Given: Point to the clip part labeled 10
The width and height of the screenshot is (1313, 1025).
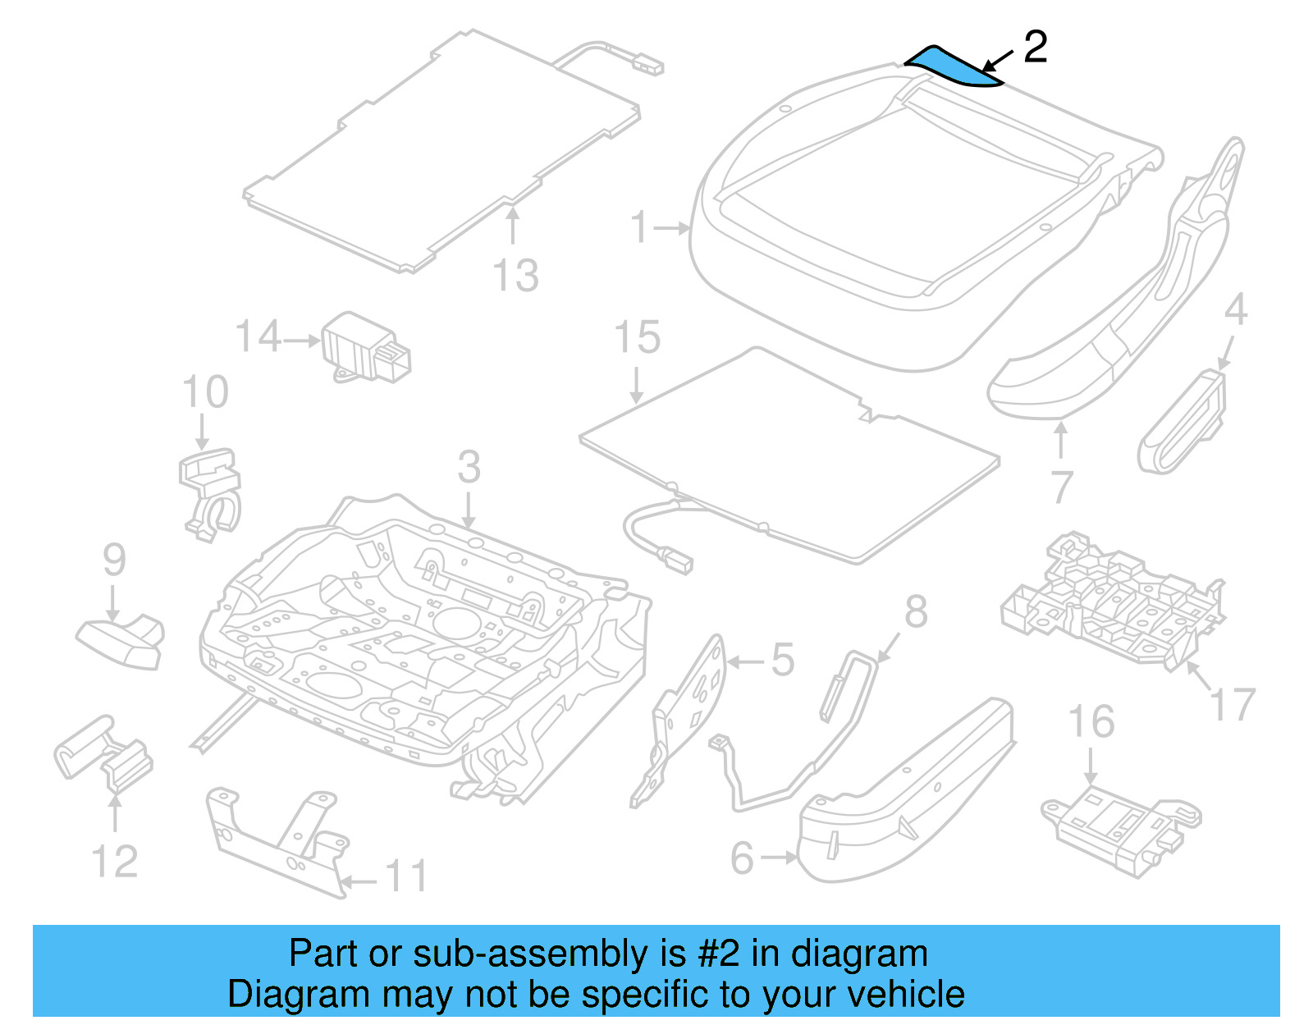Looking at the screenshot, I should pyautogui.click(x=210, y=492).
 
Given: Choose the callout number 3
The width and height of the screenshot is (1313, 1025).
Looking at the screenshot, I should pyautogui.click(x=469, y=467).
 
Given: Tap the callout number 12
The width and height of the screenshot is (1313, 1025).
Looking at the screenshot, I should pyautogui.click(x=115, y=861).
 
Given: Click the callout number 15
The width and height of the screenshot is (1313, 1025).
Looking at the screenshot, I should pyautogui.click(x=638, y=337).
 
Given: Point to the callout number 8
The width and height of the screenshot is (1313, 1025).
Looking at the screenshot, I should pyautogui.click(x=916, y=612).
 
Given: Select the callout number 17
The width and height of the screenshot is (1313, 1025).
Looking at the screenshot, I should pyautogui.click(x=1233, y=704).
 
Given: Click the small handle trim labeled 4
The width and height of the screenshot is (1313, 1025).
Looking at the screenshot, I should pyautogui.click(x=1182, y=423).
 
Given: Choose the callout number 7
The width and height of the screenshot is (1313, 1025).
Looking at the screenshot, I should pyautogui.click(x=1062, y=487).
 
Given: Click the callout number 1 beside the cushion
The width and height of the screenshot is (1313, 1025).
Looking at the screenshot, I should pyautogui.click(x=640, y=227).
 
